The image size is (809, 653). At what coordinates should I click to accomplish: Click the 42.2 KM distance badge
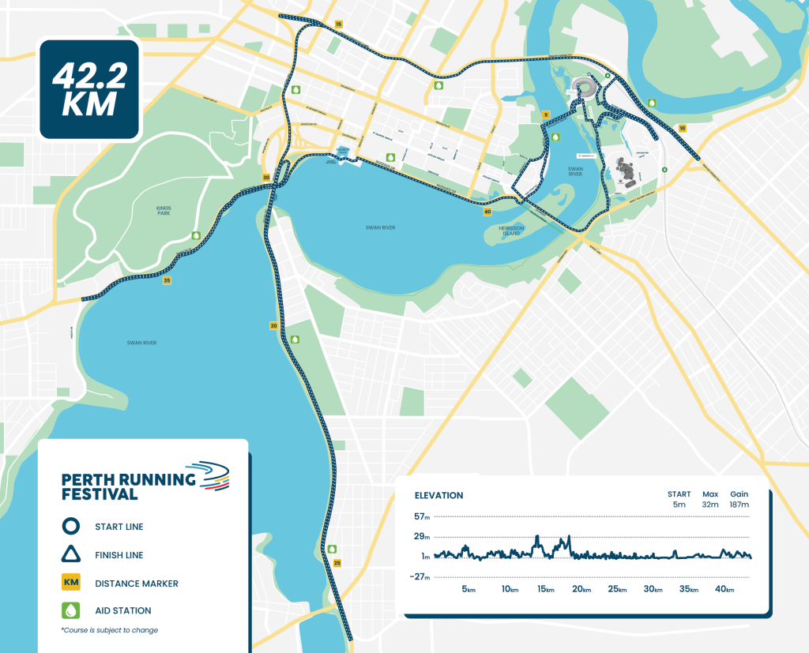point(89,90)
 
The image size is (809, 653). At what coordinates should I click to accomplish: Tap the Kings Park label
point(164,210)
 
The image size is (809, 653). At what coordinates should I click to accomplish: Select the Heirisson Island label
point(511,230)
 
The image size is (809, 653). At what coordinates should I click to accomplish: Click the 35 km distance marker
point(167,280)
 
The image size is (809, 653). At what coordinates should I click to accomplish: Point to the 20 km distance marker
point(273,325)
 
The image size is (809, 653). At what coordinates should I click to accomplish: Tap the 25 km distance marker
point(337,563)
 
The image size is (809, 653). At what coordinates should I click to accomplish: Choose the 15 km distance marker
point(339,25)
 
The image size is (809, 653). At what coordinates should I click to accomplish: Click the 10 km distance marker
point(682,128)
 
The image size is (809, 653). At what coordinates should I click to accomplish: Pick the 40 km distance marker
point(487,212)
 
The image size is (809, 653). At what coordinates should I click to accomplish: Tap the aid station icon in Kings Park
point(196,235)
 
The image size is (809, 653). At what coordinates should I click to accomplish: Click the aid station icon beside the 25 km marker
point(333,549)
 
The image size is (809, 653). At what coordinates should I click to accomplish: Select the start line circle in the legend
point(71,527)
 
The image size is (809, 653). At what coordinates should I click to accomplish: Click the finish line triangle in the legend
point(71,554)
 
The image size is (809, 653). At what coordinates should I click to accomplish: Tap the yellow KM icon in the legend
point(71,584)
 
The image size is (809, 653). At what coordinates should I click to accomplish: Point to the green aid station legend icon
point(71,610)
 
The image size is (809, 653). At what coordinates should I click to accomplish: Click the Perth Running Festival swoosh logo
point(214,476)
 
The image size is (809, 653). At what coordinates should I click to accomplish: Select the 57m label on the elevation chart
point(421,517)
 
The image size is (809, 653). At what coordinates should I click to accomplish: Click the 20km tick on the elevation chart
point(581,590)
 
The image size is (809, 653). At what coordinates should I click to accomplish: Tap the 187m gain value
point(739,505)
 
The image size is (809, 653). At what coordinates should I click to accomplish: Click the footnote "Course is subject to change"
point(110,630)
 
